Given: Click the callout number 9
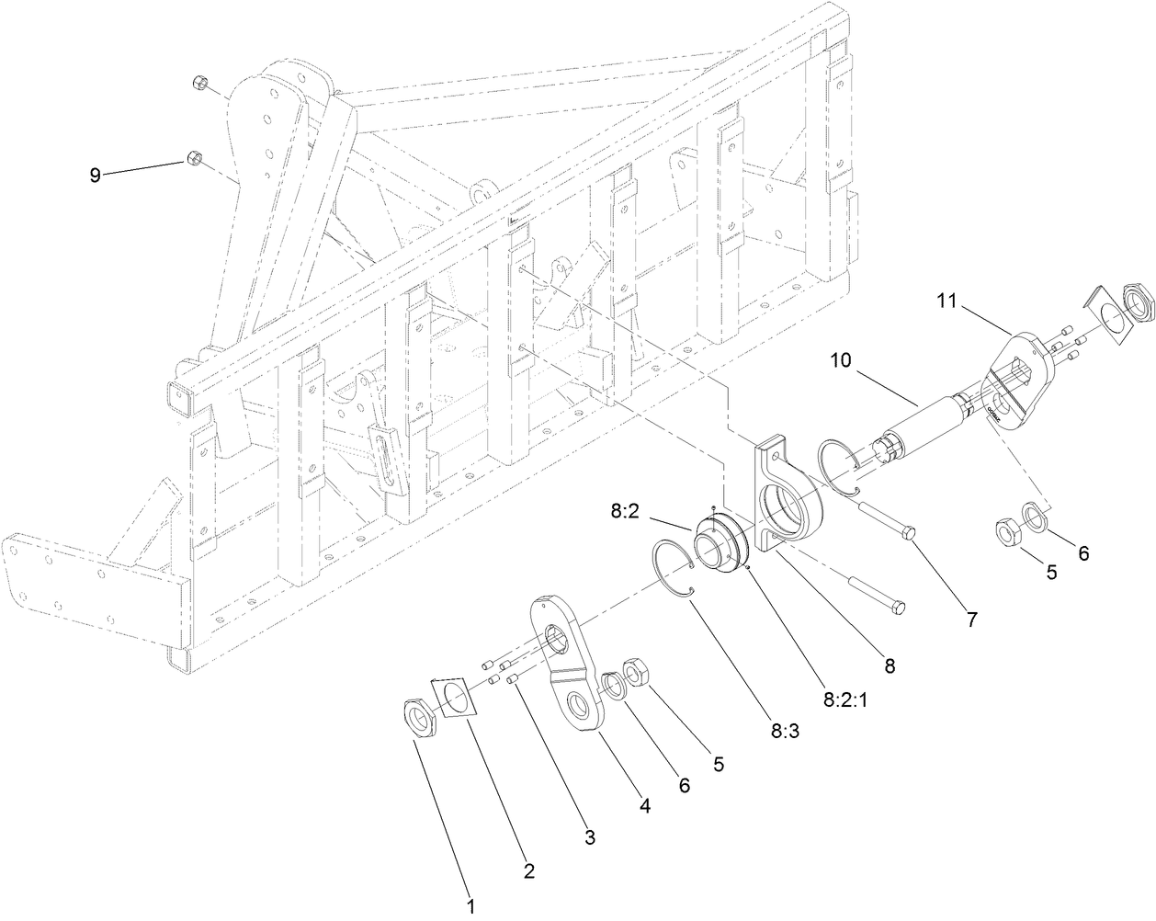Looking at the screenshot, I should pos(95,175).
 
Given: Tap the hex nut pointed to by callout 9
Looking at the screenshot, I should pos(194,159).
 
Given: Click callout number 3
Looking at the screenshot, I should pos(590,837).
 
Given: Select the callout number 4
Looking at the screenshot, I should pos(644,806).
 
